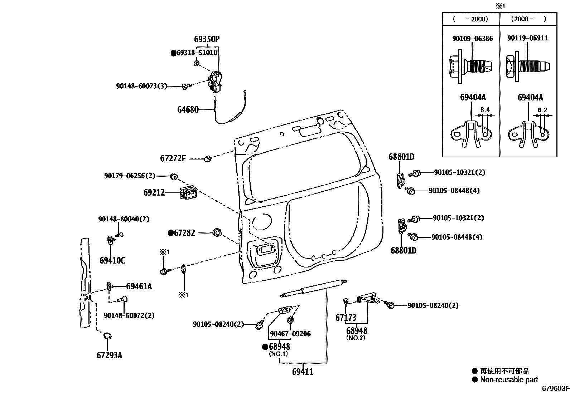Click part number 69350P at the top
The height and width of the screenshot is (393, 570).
coord(207,39)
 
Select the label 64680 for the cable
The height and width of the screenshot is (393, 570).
coord(188,109)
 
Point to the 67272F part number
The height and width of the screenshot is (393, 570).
coord(173,158)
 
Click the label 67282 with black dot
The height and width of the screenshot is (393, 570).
coord(184,233)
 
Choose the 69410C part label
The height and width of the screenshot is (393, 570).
coord(112,260)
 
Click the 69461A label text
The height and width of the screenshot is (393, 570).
coord(139,286)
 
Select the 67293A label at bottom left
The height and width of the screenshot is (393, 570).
coord(109,355)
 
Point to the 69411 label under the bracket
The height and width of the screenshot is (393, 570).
coord(303,372)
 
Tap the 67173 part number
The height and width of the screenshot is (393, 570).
coord(346,318)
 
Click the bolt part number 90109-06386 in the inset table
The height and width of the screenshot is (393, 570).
coord(472,38)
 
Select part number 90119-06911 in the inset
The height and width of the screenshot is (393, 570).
coord(527,38)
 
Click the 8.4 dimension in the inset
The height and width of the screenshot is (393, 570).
coord(485,110)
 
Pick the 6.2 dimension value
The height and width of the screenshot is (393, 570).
coord(542,110)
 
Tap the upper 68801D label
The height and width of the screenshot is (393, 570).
coord(401,157)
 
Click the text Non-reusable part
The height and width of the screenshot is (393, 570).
coord(509,380)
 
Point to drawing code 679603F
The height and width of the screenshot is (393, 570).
coord(555,388)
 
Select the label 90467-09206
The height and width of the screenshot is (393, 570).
coord(290,334)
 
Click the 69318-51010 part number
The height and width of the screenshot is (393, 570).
coord(197,53)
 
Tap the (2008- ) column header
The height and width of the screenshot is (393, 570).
coord(528,19)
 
